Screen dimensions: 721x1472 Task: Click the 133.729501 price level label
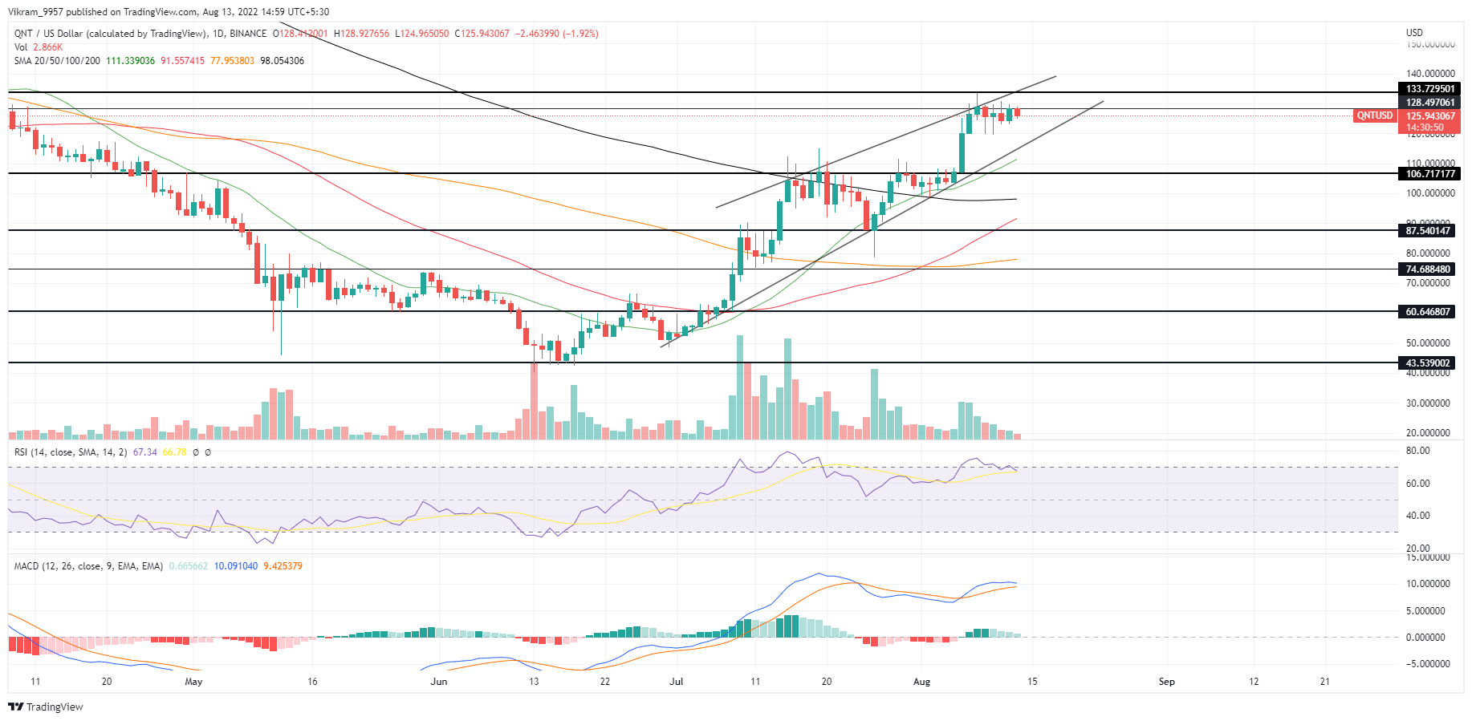click(x=1429, y=89)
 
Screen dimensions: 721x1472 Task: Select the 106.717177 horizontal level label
click(x=1429, y=174)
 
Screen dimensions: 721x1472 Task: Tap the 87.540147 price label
click(x=1428, y=231)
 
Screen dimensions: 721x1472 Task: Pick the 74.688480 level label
click(x=1428, y=269)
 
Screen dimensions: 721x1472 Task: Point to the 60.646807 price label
click(x=1428, y=312)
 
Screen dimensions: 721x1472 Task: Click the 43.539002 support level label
click(x=1428, y=363)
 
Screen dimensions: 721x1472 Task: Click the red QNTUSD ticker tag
click(x=1374, y=116)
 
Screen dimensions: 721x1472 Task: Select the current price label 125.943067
click(x=1429, y=116)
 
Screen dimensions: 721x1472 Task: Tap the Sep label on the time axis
click(x=1166, y=682)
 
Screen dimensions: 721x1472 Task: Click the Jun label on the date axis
click(x=438, y=682)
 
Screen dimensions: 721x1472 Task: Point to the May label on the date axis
click(x=193, y=682)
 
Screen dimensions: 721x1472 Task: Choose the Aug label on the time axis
click(x=921, y=682)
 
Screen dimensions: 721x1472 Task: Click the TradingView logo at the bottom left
click(x=46, y=707)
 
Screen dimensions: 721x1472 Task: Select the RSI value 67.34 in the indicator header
click(x=144, y=452)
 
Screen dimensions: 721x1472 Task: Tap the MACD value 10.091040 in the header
click(x=235, y=566)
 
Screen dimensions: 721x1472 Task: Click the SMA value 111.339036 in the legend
click(x=130, y=61)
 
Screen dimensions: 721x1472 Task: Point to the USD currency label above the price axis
click(x=1414, y=33)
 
